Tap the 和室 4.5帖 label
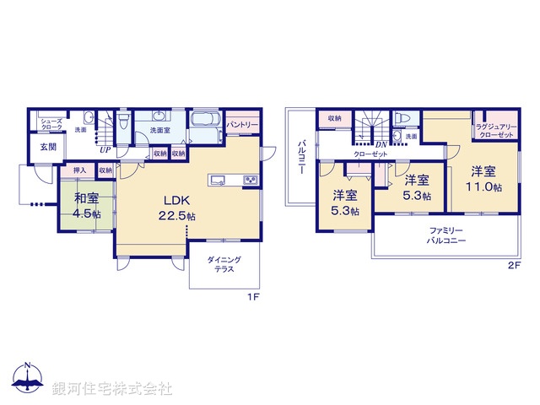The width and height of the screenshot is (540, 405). [x=87, y=207]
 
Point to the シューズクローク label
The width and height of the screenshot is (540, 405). [x=50, y=124]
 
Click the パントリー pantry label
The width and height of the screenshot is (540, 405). [x=242, y=124]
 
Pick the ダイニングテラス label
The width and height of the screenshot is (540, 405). [x=224, y=263]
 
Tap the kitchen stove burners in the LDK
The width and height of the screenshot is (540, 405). [x=251, y=181]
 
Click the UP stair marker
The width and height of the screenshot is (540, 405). [x=105, y=150]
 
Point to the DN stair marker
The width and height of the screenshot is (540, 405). [x=381, y=145]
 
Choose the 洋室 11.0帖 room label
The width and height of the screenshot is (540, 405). [x=488, y=178]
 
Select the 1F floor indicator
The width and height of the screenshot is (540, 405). [x=251, y=297]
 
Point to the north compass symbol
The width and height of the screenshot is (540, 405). [x=28, y=381]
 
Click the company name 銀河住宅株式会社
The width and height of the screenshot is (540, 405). [x=112, y=389]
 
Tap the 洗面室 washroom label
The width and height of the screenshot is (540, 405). [x=159, y=131]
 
